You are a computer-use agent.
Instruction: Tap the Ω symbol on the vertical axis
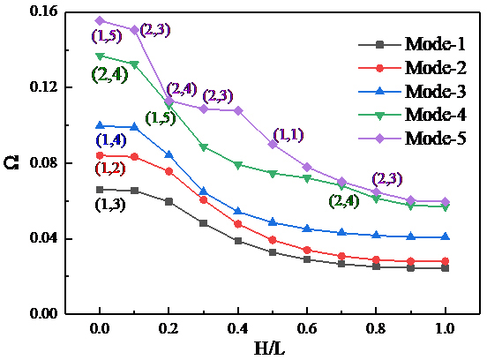11,163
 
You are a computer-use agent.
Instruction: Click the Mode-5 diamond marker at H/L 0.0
100,20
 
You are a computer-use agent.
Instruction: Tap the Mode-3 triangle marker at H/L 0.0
100,125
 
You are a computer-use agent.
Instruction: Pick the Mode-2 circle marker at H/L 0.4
238,224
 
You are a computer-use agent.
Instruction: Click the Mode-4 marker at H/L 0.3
204,147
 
